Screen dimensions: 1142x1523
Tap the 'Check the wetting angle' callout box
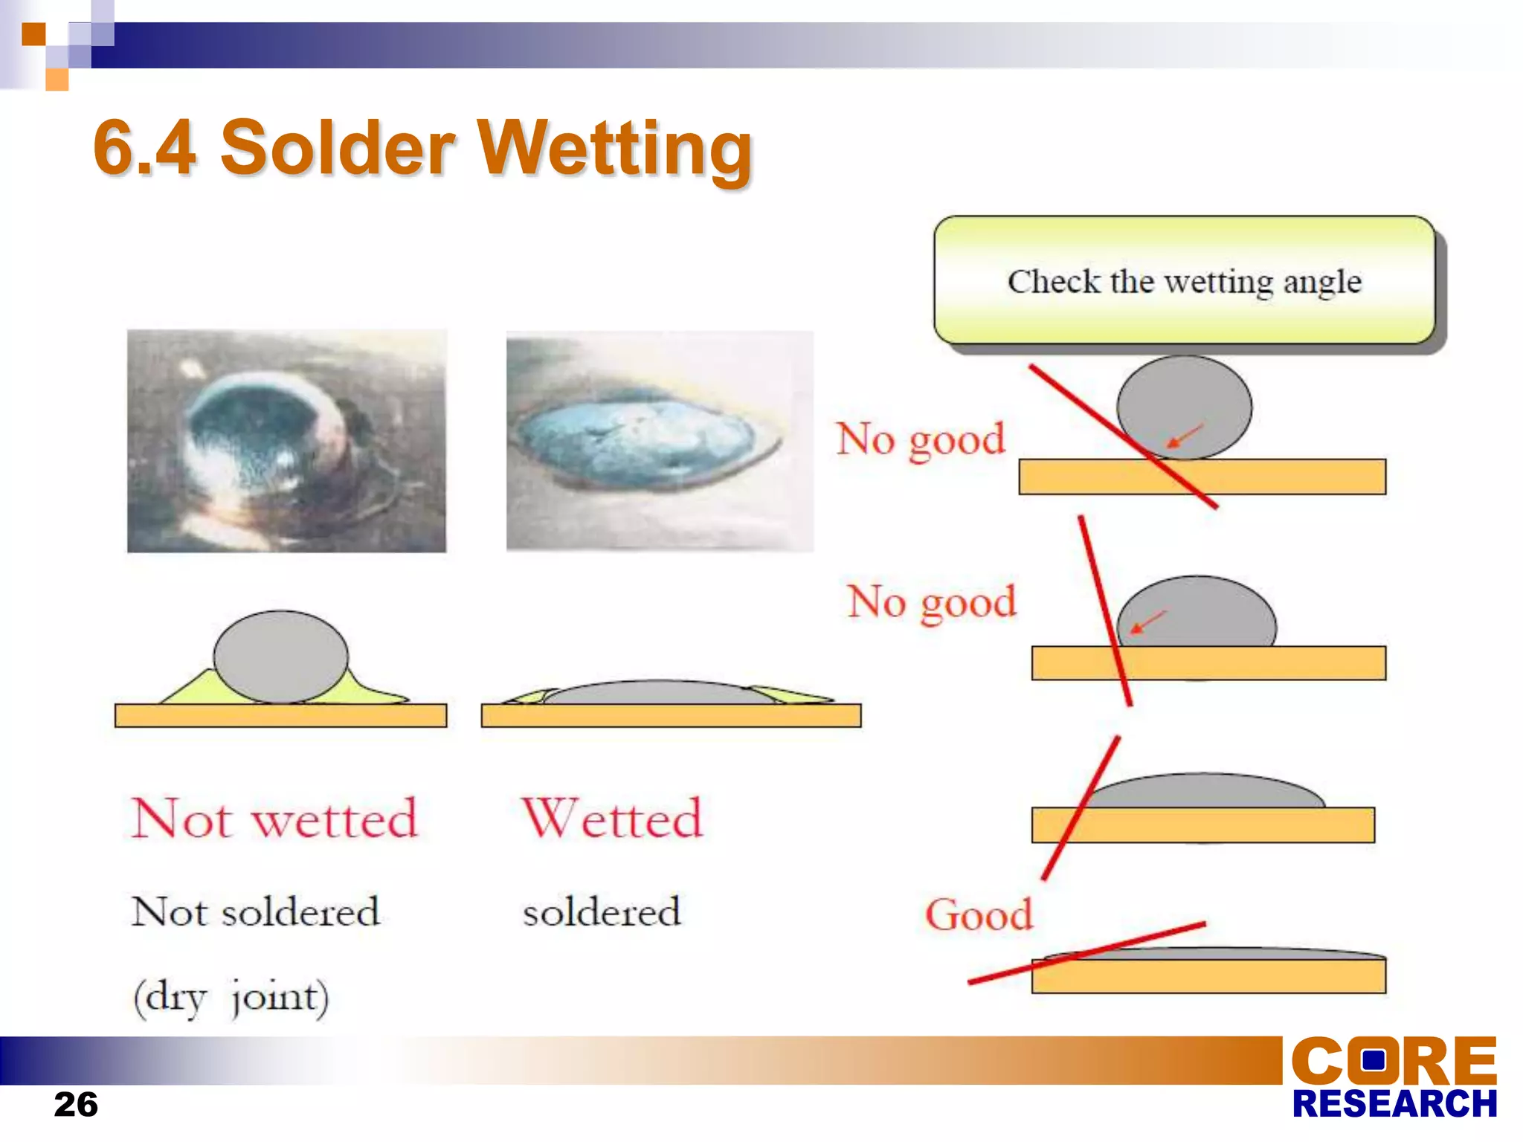1184,281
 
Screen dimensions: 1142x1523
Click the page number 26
76,1105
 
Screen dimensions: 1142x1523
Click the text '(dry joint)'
231,996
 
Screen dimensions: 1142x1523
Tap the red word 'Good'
979,914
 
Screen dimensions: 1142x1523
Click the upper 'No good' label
921,439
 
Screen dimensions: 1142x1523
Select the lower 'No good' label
932,602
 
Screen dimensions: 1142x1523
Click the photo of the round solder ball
286,441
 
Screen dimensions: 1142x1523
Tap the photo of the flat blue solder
659,441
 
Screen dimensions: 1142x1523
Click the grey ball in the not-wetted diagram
280,656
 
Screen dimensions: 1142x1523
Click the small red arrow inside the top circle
1185,436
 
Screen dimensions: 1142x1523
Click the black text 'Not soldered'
255,912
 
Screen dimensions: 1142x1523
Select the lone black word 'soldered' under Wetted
601,913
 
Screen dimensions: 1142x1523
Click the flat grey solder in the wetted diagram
654,692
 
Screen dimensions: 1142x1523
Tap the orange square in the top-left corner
33,34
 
